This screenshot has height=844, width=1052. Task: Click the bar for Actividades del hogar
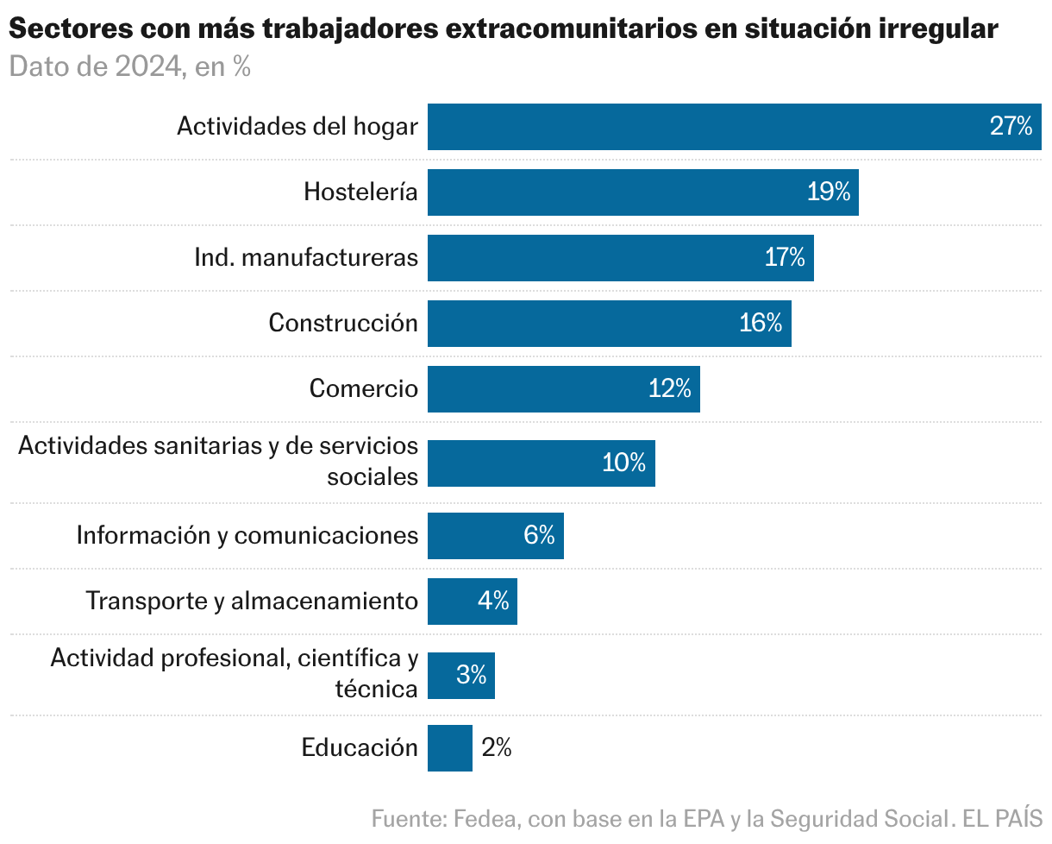pos(707,127)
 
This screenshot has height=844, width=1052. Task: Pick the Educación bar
pos(449,748)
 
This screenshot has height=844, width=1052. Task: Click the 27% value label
pos(1011,127)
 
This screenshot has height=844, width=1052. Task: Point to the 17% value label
pos(784,257)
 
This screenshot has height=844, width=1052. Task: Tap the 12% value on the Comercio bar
pos(670,389)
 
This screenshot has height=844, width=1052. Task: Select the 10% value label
pos(624,463)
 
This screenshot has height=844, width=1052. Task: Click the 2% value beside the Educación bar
pos(497,748)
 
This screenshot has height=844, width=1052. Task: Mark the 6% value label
pos(539,536)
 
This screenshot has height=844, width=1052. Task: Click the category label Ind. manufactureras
pos(306,257)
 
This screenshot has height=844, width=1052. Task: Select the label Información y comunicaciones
pos(247,536)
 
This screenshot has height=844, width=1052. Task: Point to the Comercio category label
pos(363,389)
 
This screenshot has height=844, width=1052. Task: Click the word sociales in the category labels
pos(373,476)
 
